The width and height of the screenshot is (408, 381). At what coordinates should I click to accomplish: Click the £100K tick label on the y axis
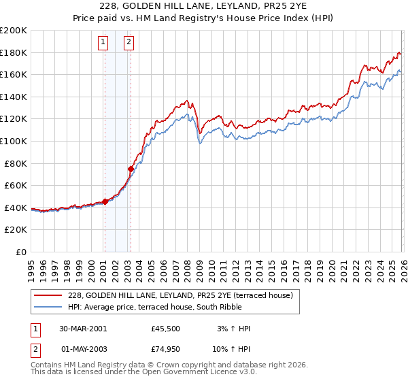coord(14,141)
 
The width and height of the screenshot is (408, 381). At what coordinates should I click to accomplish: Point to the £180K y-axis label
coord(14,52)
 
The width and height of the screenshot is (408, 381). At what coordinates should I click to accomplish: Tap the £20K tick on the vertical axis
coord(16,230)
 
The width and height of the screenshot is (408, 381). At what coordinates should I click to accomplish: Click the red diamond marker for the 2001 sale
coord(105,201)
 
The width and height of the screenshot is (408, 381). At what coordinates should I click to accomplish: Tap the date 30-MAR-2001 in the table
coord(84,329)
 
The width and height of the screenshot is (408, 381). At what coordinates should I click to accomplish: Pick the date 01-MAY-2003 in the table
coord(84,349)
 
